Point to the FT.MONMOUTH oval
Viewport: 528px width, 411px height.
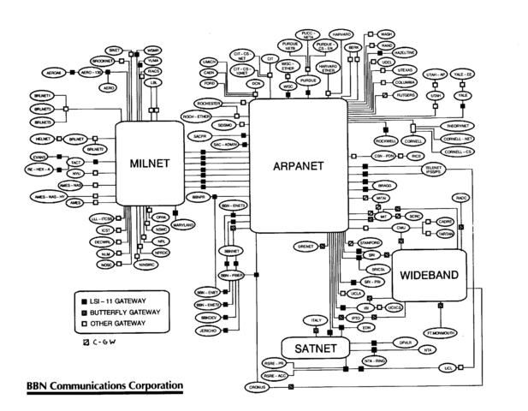[x=441, y=331]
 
